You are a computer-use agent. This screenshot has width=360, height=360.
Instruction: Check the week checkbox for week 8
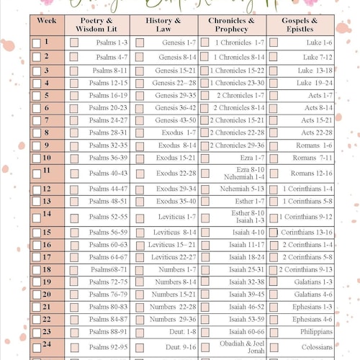37,134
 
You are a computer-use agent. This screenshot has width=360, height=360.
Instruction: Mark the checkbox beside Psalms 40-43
74,174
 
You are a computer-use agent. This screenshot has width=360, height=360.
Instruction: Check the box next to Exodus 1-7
143,132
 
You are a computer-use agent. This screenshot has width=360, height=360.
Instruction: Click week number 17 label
48,256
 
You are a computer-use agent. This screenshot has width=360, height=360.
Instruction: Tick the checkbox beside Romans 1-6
274,145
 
